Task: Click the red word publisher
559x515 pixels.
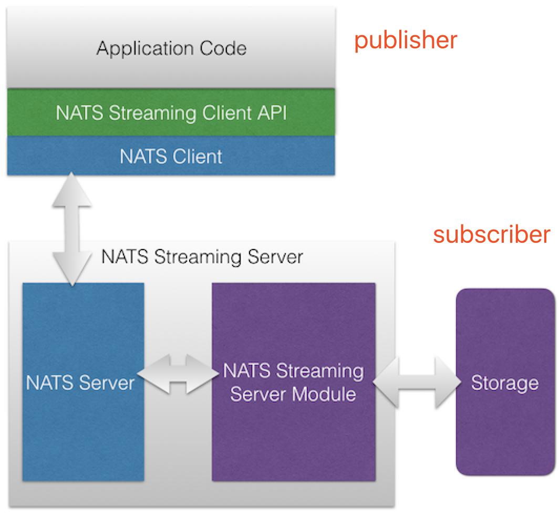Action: point(406,40)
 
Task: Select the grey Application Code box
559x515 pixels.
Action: point(171,48)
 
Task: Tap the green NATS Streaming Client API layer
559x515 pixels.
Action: point(171,113)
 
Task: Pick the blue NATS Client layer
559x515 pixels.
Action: point(171,156)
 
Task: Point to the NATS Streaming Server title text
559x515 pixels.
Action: point(202,257)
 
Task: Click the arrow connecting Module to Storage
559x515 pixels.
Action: point(415,382)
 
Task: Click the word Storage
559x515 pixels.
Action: point(504,383)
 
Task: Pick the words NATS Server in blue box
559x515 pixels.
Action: point(80,383)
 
